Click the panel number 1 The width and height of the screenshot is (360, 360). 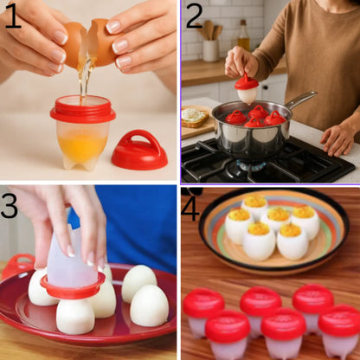coord(13,16)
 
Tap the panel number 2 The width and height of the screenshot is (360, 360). coord(194,16)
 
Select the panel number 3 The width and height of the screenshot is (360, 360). coord(10,205)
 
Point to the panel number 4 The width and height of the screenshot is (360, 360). coord(190,209)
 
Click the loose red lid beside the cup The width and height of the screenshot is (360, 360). coord(139,151)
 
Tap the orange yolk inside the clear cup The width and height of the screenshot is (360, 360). coord(82,145)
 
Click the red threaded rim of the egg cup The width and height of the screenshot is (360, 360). coord(83,109)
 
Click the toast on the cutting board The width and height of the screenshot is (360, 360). coord(195,118)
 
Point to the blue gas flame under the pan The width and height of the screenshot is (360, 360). coord(252,165)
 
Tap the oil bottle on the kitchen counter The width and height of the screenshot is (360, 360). coord(244,35)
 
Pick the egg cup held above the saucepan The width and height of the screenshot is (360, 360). coord(247,88)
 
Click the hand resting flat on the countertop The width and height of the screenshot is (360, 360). coord(338,140)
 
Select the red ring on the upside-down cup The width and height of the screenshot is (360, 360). coord(73,286)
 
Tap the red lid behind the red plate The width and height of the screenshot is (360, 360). coord(17,265)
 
